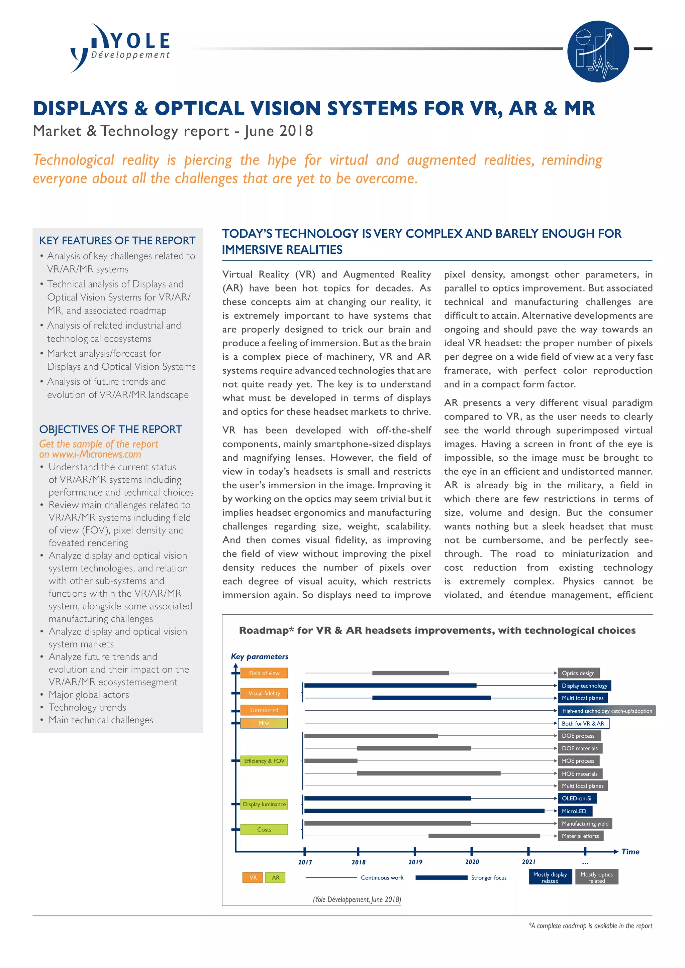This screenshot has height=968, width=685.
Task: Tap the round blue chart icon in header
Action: [x=598, y=51]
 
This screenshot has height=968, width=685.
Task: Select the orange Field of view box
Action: [x=264, y=673]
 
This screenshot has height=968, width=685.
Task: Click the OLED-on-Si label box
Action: [x=577, y=798]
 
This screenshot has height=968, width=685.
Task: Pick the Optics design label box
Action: [x=578, y=673]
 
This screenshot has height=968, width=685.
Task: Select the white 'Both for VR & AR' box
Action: [x=583, y=723]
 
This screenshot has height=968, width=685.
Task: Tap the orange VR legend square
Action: [x=253, y=877]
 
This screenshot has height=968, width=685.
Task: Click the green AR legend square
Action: [x=275, y=877]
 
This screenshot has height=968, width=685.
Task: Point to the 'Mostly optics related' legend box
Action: [x=596, y=877]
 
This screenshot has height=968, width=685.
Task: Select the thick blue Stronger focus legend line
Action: [x=441, y=877]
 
